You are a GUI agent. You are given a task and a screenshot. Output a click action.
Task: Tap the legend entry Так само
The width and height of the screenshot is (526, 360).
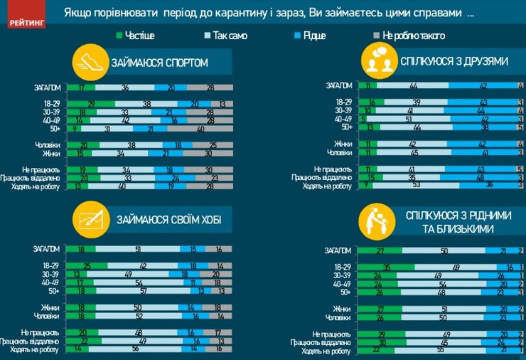click(x=227, y=35)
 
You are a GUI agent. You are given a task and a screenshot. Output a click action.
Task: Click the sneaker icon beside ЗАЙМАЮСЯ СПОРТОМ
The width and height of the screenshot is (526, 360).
click(x=90, y=63)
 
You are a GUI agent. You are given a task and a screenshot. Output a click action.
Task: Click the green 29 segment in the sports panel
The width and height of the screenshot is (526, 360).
click(x=90, y=103)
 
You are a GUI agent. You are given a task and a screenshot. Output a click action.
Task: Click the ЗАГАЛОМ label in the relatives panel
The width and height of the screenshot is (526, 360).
click(x=338, y=250)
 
